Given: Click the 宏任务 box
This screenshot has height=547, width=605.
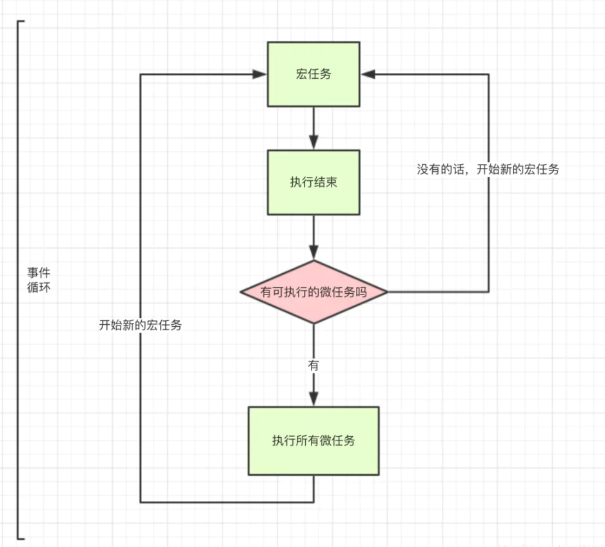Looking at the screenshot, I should pos(313,74).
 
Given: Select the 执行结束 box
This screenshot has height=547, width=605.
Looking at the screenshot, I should pos(313,182).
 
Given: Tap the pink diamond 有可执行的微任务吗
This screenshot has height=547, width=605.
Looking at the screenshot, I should pos(313,292).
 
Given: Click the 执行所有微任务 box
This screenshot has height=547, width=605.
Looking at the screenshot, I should pos(313,441).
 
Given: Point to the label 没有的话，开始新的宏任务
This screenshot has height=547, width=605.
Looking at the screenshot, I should pos(488,169).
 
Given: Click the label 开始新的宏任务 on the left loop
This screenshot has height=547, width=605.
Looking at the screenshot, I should pos(140,325).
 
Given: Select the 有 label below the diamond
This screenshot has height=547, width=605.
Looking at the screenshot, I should pos(313,365).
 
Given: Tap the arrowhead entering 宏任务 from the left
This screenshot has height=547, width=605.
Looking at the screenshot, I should pos(261,74).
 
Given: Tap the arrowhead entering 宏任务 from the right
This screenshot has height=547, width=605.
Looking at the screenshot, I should pos(368,74).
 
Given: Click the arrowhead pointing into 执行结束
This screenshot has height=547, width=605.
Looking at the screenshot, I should pos(313,142).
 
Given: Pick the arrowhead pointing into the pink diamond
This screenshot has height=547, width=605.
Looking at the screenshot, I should pos(313,253).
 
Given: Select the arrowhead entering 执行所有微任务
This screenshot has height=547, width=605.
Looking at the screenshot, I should pos(313,399).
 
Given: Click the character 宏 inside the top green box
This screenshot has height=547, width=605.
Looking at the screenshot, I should pos(301,74).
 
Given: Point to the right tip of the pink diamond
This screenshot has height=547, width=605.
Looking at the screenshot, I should pos(387,292).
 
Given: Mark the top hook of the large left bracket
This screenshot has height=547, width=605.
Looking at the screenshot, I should pos(21,21).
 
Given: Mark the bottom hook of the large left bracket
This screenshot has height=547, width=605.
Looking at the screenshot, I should pos(21,537).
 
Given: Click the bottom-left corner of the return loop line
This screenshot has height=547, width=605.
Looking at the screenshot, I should pos(141,501).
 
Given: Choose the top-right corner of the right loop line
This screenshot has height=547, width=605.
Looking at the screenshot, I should pos(488,74).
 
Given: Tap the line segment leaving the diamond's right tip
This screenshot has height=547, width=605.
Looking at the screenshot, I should pos(439,292).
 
